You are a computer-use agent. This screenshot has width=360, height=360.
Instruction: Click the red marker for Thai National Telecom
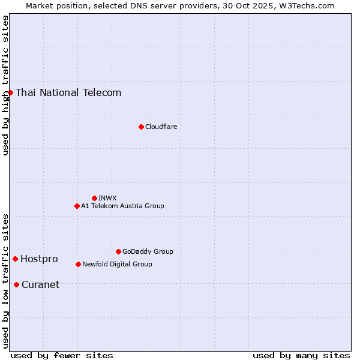coord(10,92)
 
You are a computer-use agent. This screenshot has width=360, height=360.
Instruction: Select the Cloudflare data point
coord(141,127)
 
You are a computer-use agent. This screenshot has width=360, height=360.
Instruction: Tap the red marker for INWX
coord(94,198)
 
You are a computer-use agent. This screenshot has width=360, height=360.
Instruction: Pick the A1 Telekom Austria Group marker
coord(77,206)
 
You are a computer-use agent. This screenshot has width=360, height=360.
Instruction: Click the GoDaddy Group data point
coord(118,251)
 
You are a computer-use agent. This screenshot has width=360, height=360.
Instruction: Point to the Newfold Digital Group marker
coord(78,264)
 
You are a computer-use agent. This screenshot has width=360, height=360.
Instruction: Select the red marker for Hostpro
coord(15,259)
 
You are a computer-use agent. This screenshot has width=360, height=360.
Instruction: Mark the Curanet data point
coord(16,284)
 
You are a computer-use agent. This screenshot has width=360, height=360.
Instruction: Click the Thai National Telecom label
coord(68,92)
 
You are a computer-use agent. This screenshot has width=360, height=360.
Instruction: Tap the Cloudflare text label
coord(161,127)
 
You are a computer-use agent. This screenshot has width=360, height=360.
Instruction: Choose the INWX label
coord(107,198)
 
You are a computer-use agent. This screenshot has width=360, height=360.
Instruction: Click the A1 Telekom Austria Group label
coord(122,206)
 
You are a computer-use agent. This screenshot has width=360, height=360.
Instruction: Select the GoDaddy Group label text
coord(148,251)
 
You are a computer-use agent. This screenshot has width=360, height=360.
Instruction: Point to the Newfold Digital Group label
coord(117,264)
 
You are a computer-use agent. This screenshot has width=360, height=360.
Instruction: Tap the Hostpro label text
coord(39,259)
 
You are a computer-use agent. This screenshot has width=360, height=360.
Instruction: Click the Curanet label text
coord(40,284)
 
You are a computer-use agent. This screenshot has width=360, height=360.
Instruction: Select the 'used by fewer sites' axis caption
coord(62,355)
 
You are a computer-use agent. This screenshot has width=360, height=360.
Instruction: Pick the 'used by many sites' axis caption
coord(301,355)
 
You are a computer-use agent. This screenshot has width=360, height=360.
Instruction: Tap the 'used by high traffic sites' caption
coord(5,85)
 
